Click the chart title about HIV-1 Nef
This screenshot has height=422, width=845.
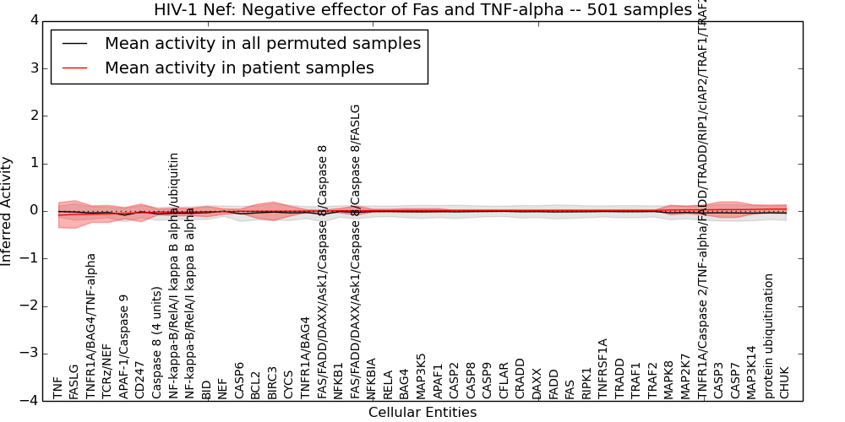(x=422, y=10)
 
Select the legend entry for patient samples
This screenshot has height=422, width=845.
(x=239, y=68)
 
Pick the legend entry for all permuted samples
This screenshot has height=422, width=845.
(x=262, y=44)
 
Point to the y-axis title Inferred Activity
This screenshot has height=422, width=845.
(x=8, y=211)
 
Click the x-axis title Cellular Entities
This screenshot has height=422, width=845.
(x=422, y=413)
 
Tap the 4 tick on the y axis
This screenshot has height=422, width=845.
(x=33, y=20)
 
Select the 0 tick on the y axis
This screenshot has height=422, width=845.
(x=33, y=211)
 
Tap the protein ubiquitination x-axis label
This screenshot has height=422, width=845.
(x=768, y=336)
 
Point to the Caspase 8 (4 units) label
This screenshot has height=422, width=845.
(x=156, y=343)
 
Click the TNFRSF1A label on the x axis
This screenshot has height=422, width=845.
(x=602, y=368)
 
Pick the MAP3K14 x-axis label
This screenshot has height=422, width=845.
(x=751, y=372)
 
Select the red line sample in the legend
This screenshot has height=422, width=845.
(x=78, y=68)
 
